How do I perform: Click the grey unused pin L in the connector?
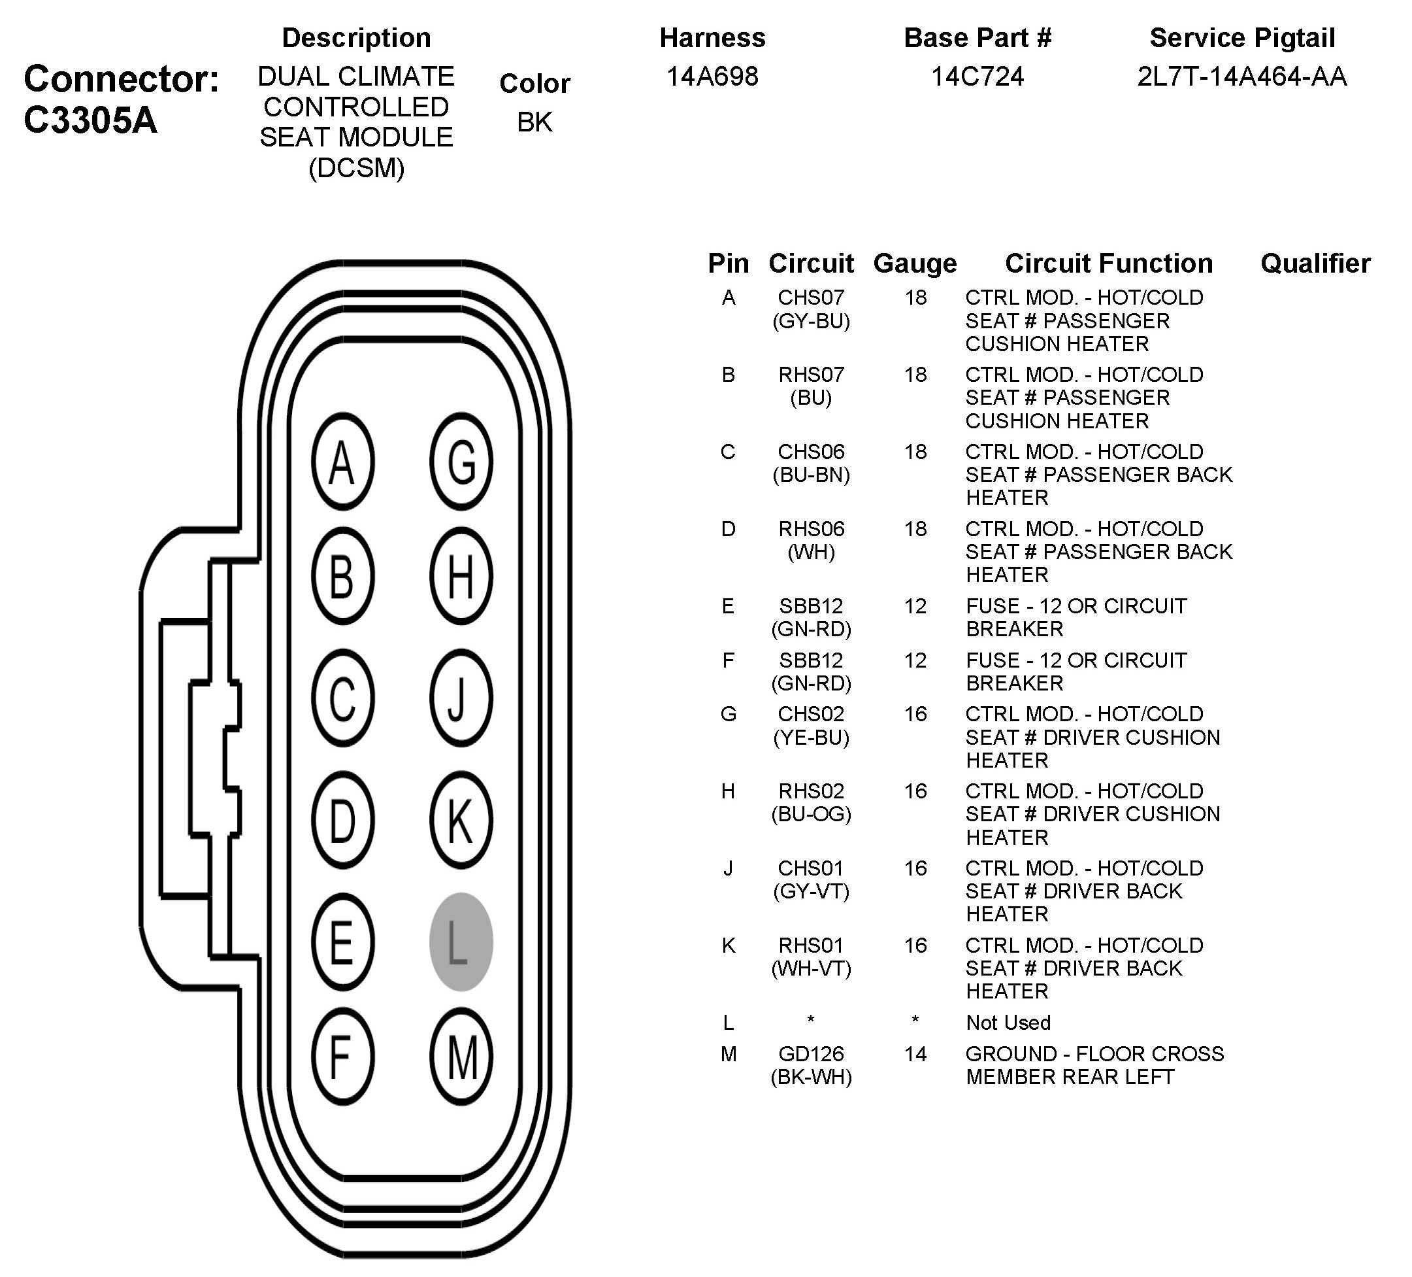(461, 942)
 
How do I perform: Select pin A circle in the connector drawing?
(342, 462)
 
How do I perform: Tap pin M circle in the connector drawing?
(461, 1057)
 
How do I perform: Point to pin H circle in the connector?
(461, 576)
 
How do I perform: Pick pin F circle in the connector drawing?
(342, 1057)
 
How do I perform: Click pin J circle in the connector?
(461, 698)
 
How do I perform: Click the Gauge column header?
(915, 264)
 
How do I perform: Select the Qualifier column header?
(1315, 264)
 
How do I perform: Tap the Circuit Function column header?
(1108, 264)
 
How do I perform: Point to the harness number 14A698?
(712, 77)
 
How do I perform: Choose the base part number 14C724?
(977, 77)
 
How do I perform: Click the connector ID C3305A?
(90, 120)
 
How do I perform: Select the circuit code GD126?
(811, 1053)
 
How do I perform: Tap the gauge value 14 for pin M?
(915, 1053)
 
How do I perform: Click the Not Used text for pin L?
(1008, 1023)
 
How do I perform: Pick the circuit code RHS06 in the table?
(811, 528)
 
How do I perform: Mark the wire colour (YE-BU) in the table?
(811, 738)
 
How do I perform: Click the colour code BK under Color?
(534, 122)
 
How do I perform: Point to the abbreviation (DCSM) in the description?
(357, 167)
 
